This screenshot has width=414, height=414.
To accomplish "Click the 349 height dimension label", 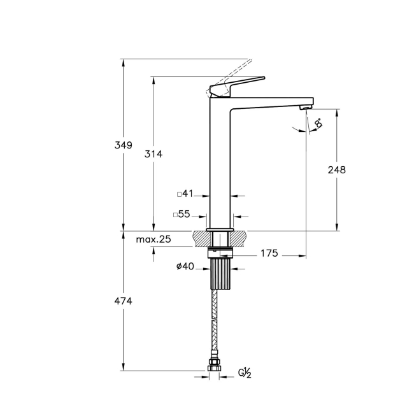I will (124, 145).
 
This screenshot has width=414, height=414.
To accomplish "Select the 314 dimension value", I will (154, 154).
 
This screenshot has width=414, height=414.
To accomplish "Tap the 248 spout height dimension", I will (336, 169).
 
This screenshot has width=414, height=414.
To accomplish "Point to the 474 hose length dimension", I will (124, 301).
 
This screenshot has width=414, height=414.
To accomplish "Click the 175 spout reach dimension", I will (269, 254).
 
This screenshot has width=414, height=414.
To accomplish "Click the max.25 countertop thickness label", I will (153, 239).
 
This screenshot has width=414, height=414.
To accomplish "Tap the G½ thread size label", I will (245, 373).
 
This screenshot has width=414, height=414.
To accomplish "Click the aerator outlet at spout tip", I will (304, 108).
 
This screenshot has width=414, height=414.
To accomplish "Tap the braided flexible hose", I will (215, 325).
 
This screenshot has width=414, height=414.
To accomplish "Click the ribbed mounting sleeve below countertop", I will (218, 273).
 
